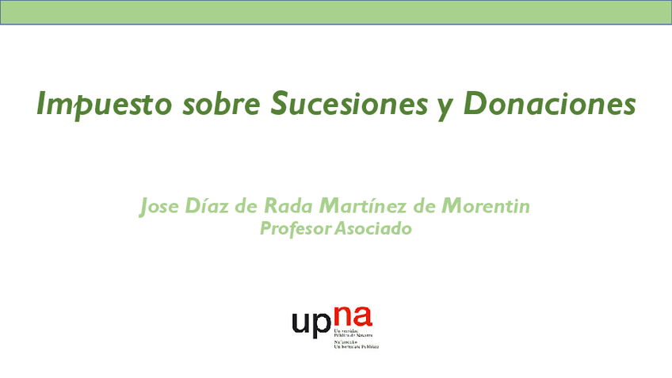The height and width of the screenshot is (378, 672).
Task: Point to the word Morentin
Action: pyautogui.click(x=485, y=207)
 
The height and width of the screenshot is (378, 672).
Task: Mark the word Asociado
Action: pyautogui.click(x=373, y=229)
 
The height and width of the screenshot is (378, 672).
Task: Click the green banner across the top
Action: pyautogui.click(x=336, y=13)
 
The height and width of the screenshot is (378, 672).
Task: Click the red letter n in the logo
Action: pyautogui.click(x=342, y=318)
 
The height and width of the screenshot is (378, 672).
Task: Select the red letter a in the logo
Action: pyautogui.click(x=363, y=318)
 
